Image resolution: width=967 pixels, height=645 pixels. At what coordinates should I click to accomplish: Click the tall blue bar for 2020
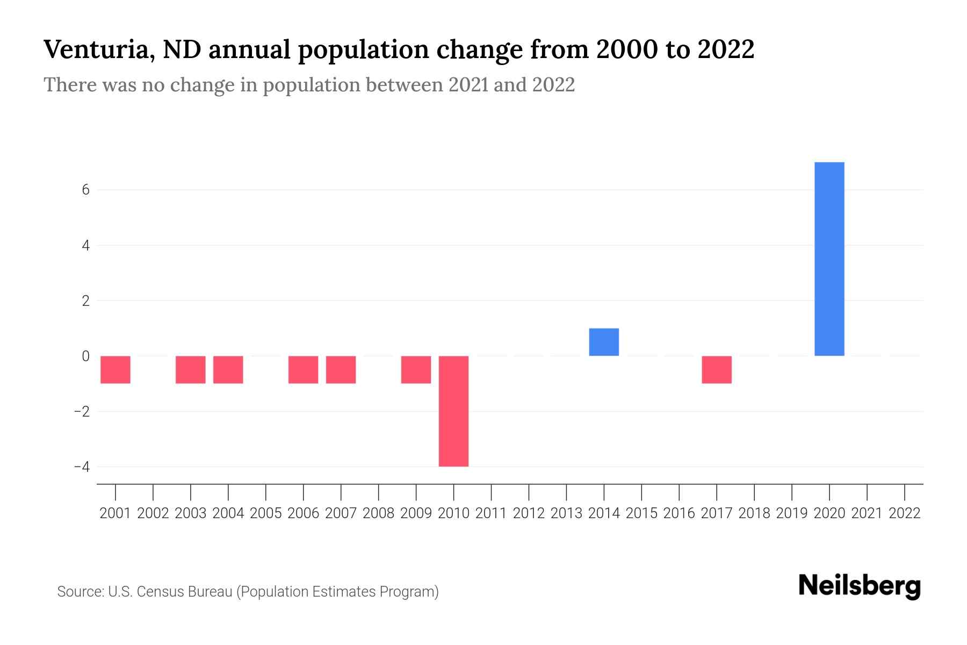(x=829, y=259)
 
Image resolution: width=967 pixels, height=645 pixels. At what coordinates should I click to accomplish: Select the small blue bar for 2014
(x=604, y=342)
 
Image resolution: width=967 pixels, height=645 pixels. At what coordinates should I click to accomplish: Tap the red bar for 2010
(x=453, y=411)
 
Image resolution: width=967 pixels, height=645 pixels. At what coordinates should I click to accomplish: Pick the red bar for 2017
(x=717, y=370)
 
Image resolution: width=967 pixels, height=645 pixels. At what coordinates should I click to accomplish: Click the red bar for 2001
(x=116, y=370)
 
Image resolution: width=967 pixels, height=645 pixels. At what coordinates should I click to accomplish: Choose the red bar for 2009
(x=416, y=370)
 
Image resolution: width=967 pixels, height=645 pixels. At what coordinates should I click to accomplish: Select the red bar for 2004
(x=228, y=370)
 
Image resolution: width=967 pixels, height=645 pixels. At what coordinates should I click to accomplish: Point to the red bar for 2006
(x=303, y=370)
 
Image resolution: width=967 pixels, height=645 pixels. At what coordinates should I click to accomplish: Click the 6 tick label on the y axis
(x=85, y=190)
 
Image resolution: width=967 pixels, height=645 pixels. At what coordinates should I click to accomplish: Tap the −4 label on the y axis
(x=82, y=467)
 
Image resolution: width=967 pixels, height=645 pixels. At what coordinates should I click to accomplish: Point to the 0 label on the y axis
(x=85, y=356)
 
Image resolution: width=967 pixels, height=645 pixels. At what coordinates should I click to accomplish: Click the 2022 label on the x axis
(x=905, y=513)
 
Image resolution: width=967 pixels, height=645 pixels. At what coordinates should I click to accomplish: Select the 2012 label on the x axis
(x=529, y=513)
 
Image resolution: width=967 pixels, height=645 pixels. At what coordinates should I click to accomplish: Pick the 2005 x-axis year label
(x=266, y=513)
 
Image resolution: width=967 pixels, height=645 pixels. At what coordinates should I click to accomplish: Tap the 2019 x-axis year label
(x=792, y=513)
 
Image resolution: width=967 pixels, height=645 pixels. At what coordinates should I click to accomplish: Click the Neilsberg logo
(x=860, y=586)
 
